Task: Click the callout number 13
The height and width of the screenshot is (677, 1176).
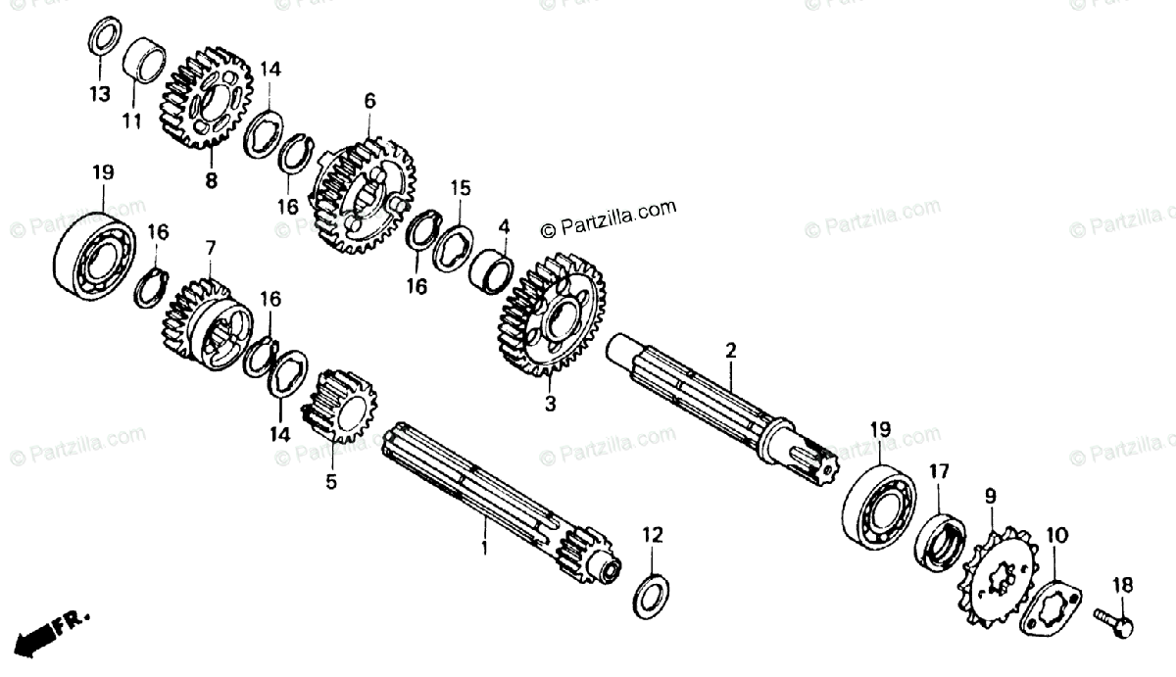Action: pyautogui.click(x=99, y=94)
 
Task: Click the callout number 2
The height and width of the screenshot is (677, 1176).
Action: pyautogui.click(x=730, y=350)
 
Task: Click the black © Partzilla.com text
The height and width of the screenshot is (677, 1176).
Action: pyautogui.click(x=609, y=210)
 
